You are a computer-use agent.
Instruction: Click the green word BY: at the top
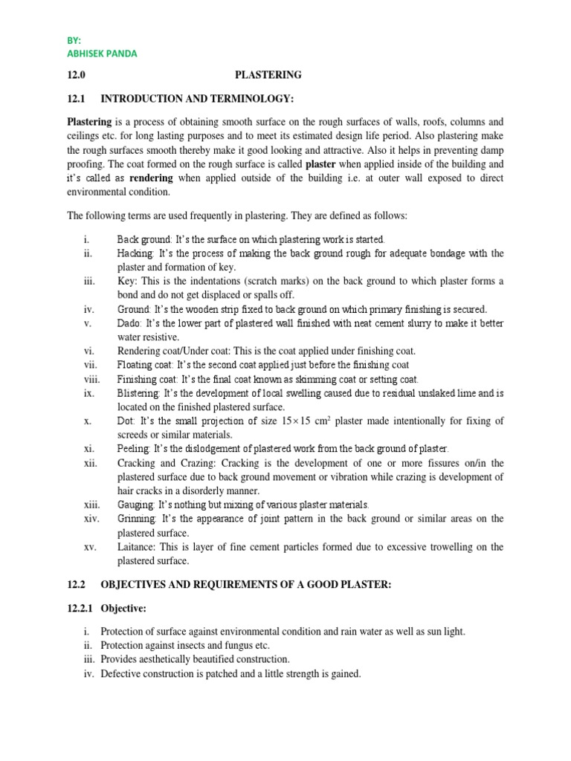[74, 40]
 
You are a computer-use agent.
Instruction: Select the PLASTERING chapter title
[268, 75]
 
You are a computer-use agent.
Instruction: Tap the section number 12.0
[77, 75]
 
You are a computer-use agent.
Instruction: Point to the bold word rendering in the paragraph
[152, 178]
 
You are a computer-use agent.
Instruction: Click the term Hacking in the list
[135, 253]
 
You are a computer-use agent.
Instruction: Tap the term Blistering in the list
[138, 393]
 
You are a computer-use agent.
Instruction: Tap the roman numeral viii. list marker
[92, 379]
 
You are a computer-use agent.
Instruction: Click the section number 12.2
[77, 586]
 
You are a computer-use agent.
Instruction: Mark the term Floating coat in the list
[145, 365]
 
